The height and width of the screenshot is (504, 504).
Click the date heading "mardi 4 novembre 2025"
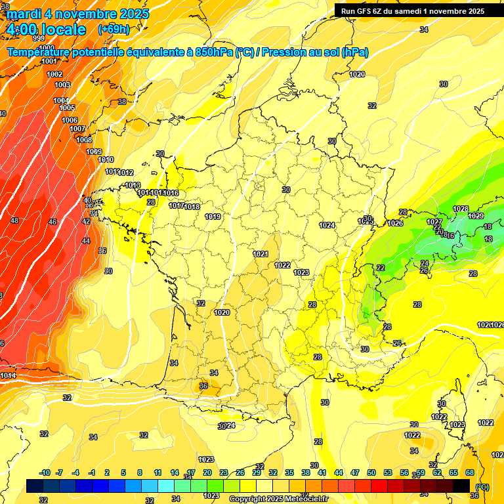[x=77, y=14]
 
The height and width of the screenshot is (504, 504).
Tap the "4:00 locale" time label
[x=46, y=30]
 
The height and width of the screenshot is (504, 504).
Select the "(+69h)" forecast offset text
[x=114, y=30]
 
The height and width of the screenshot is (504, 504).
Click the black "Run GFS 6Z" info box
[x=413, y=10]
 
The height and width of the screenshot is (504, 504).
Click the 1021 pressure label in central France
[x=261, y=254]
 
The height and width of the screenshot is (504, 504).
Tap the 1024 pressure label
[x=327, y=225]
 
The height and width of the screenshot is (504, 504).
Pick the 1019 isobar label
[x=213, y=217]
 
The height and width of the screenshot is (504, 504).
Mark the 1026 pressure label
[x=395, y=224]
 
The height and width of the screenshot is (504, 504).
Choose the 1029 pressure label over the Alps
[x=476, y=216]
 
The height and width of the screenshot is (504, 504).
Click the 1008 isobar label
[x=84, y=140]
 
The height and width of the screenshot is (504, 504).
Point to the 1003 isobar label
[x=62, y=85]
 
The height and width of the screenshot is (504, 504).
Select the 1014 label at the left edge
[x=8, y=375]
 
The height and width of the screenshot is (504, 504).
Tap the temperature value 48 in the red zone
[x=14, y=220]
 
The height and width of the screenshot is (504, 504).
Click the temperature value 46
[x=52, y=222]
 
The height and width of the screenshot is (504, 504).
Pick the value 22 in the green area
[x=381, y=268]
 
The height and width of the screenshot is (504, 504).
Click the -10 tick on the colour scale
[x=45, y=472]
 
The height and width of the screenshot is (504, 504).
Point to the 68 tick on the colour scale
[x=470, y=472]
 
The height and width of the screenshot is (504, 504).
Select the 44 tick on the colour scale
[x=339, y=472]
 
